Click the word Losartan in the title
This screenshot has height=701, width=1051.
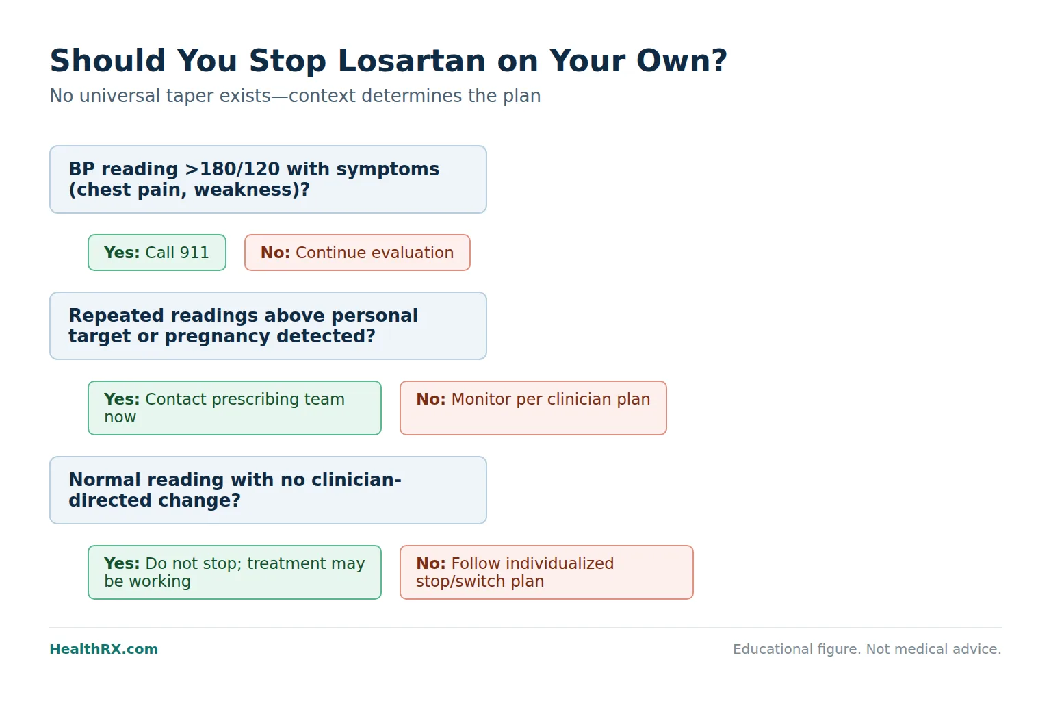pyautogui.click(x=411, y=60)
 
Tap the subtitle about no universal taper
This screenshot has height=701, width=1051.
pyautogui.click(x=295, y=96)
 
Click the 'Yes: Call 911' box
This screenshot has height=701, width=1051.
pyautogui.click(x=157, y=253)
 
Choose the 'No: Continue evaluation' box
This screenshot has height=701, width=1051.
pyautogui.click(x=357, y=253)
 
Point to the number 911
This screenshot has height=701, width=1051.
pyautogui.click(x=194, y=253)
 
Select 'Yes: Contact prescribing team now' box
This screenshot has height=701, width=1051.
pyautogui.click(x=235, y=408)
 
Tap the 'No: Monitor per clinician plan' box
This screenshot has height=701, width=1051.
pyautogui.click(x=533, y=408)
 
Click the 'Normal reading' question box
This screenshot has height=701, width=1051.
pyautogui.click(x=268, y=490)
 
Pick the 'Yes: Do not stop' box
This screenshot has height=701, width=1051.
pyautogui.click(x=235, y=572)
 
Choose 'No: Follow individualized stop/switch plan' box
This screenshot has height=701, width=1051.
pyautogui.click(x=547, y=572)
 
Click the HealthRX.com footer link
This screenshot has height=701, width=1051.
pyautogui.click(x=104, y=649)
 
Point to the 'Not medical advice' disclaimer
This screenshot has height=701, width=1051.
pyautogui.click(x=934, y=649)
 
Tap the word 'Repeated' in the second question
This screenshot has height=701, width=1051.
pyautogui.click(x=116, y=316)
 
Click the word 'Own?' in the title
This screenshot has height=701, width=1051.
pyautogui.click(x=682, y=60)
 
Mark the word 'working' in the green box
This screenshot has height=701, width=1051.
pyautogui.click(x=159, y=582)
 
